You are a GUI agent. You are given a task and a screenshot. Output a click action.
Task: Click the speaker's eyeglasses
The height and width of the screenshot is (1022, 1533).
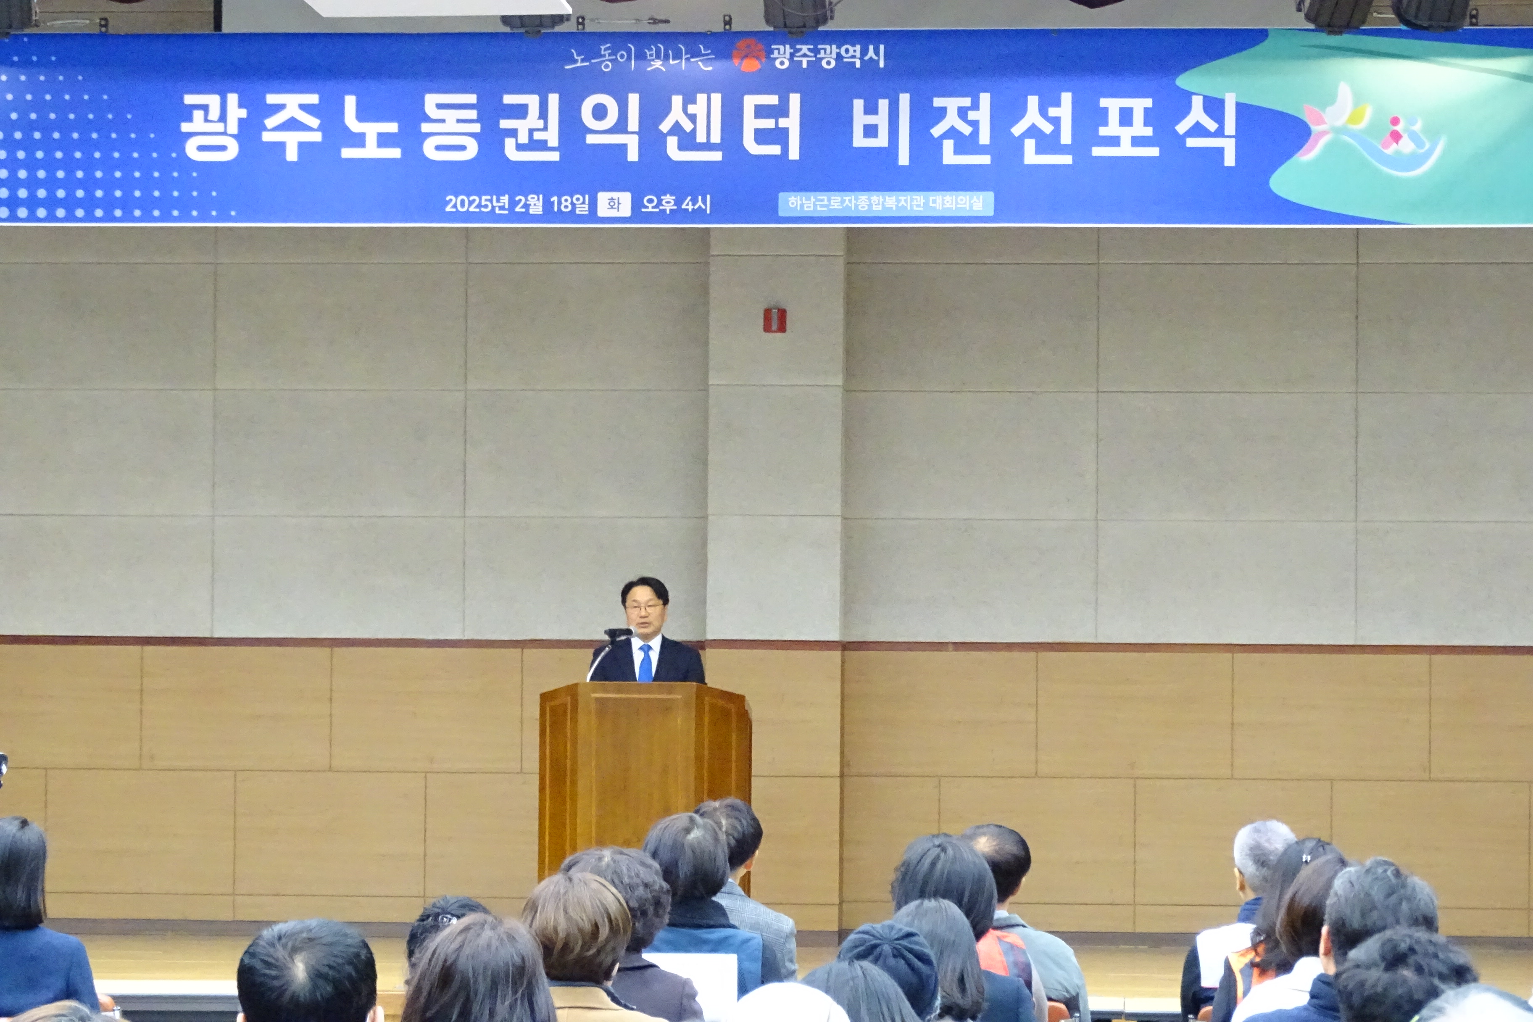(x=644, y=608)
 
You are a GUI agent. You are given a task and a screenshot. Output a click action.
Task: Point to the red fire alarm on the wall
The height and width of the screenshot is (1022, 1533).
(x=774, y=319)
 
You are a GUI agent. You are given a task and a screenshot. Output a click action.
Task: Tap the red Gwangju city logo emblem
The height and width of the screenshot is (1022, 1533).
(x=748, y=55)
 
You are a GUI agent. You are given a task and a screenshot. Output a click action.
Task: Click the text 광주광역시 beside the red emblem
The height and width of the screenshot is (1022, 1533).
(x=827, y=56)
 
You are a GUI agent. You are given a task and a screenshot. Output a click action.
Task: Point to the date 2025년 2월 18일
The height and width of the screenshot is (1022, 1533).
(x=517, y=204)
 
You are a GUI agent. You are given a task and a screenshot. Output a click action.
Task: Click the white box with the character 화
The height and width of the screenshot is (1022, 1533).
(x=614, y=204)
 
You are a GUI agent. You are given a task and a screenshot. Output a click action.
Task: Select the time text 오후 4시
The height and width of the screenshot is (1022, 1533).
(x=676, y=204)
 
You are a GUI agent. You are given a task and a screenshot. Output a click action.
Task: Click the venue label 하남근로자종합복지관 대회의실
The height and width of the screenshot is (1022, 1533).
(x=885, y=203)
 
